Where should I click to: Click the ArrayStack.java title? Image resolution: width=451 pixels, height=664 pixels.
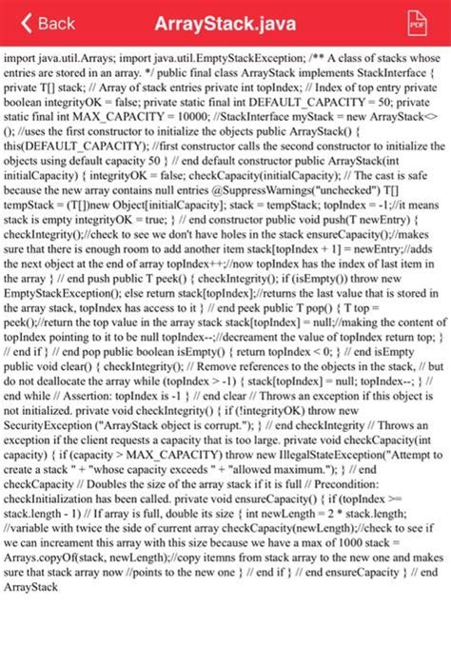[x=225, y=23]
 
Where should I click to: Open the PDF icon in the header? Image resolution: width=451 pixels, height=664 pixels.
[x=416, y=23]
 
